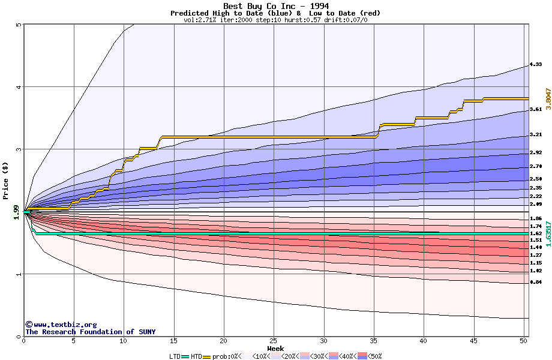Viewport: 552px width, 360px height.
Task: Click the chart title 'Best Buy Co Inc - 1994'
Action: point(275,6)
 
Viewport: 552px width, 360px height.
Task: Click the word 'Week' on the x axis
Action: point(275,349)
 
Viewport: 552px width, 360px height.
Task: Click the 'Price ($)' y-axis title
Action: point(6,180)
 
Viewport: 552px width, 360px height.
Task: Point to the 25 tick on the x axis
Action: point(274,341)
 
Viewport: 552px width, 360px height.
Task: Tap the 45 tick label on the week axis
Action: point(473,341)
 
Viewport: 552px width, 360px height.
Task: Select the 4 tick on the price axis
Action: point(19,86)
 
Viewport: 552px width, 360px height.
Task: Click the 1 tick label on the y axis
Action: point(19,274)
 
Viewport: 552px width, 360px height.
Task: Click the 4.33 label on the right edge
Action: point(536,64)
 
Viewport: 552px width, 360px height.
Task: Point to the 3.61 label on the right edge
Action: point(536,109)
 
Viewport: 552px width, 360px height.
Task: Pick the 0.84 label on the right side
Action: point(536,282)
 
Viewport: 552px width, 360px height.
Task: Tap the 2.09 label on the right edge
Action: point(536,205)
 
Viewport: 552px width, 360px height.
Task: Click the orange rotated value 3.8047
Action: point(548,98)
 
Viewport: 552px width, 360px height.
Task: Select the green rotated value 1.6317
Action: point(548,233)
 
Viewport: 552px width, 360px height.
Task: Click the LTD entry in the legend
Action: point(175,356)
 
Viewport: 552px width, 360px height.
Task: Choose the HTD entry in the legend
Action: point(196,356)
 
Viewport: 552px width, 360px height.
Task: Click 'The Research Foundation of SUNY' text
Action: point(90,332)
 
